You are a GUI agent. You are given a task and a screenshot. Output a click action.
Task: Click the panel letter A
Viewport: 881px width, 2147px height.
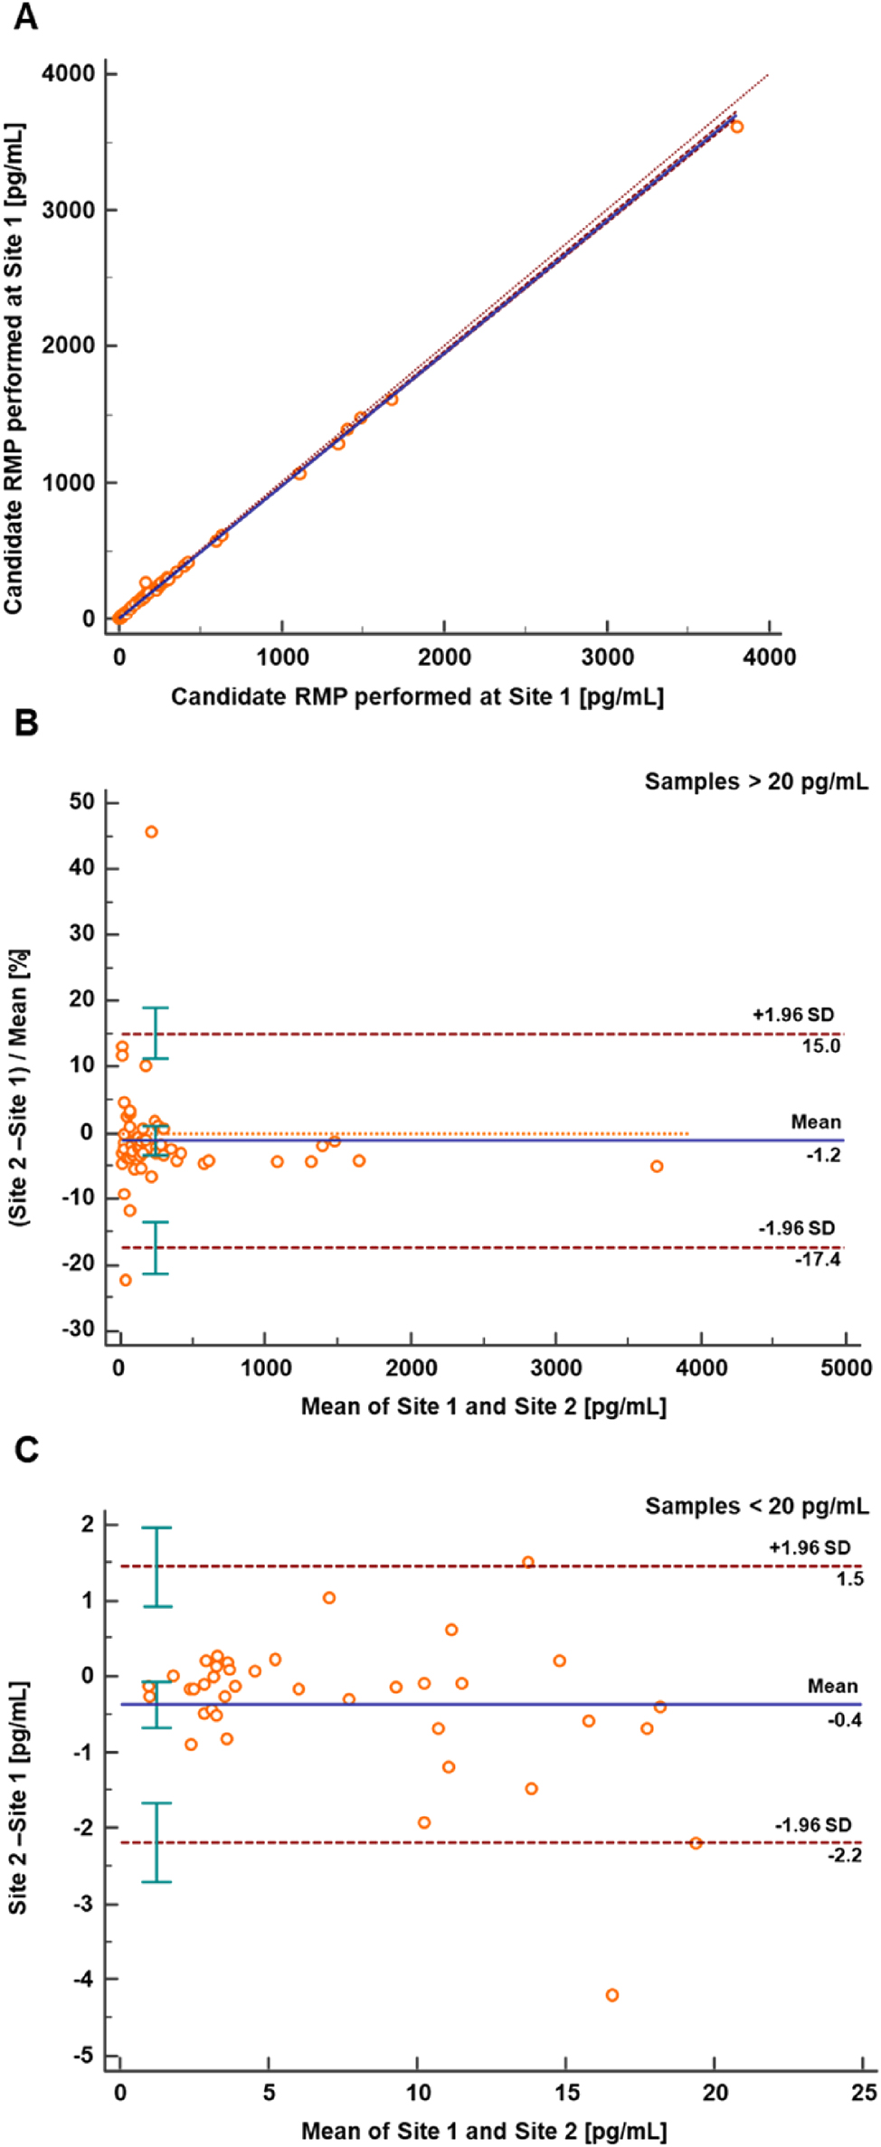click(25, 16)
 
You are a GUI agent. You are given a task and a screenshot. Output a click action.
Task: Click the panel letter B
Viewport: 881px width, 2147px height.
click(25, 723)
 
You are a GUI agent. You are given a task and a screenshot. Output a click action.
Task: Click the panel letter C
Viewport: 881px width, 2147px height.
click(25, 1449)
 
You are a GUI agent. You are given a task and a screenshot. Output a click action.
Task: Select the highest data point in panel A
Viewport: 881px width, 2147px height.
click(736, 127)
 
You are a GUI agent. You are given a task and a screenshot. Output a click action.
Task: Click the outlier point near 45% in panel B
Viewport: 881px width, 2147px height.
click(151, 831)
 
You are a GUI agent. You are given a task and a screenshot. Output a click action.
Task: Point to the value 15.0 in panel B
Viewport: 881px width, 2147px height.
click(820, 1046)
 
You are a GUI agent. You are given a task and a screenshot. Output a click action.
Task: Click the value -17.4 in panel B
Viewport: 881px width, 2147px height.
click(818, 1259)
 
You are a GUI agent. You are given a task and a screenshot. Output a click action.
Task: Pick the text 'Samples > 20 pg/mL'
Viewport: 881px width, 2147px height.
click(755, 781)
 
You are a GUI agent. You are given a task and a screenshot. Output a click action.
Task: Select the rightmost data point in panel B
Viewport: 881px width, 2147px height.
click(657, 1166)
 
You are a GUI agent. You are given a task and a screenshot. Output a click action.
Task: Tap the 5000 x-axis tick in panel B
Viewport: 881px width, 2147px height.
click(846, 1367)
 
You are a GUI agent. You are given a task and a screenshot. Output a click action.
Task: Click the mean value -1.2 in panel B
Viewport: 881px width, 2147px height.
click(823, 1155)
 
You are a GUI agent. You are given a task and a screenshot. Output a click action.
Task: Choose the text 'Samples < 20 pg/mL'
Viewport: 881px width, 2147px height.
click(756, 1506)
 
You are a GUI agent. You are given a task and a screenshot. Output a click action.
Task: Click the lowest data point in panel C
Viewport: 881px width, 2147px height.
click(611, 1994)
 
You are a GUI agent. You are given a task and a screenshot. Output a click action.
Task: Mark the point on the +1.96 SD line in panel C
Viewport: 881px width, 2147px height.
click(528, 1562)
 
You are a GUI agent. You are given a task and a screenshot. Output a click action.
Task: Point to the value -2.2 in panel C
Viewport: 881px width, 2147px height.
click(844, 1855)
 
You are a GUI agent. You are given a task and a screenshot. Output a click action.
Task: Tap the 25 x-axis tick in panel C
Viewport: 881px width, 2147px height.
click(863, 2092)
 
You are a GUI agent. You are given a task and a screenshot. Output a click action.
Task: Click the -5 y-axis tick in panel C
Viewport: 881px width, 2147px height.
click(83, 2055)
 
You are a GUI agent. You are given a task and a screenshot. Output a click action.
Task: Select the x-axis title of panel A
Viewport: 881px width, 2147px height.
click(417, 696)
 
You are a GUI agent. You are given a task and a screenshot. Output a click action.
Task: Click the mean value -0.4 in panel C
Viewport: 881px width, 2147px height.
click(844, 1719)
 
